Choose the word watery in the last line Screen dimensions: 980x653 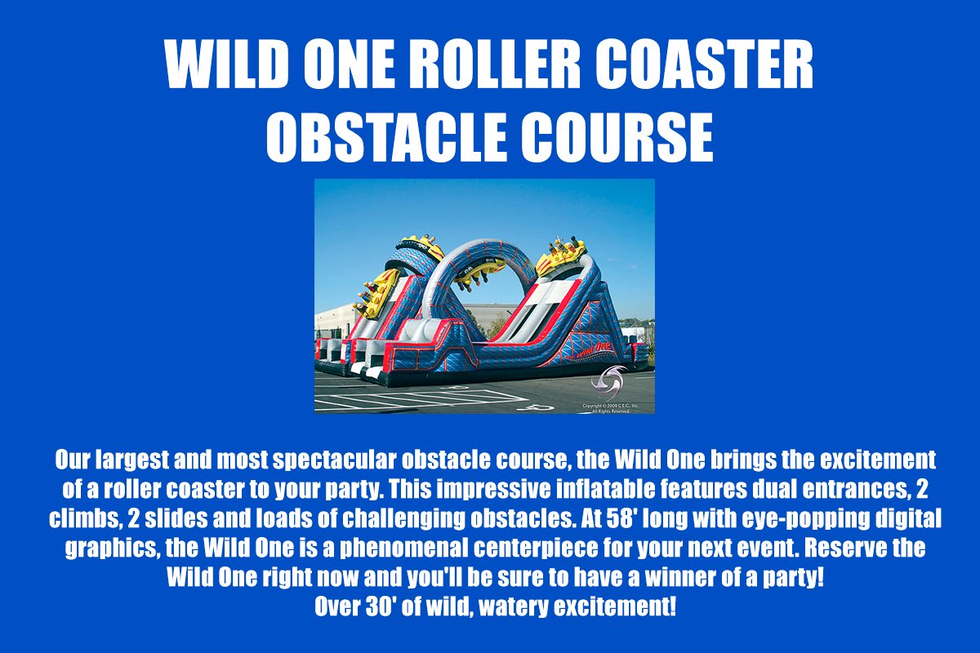pos(514,607)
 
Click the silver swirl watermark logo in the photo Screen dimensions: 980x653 pos(608,378)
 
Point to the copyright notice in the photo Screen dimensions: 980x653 pos(610,408)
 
